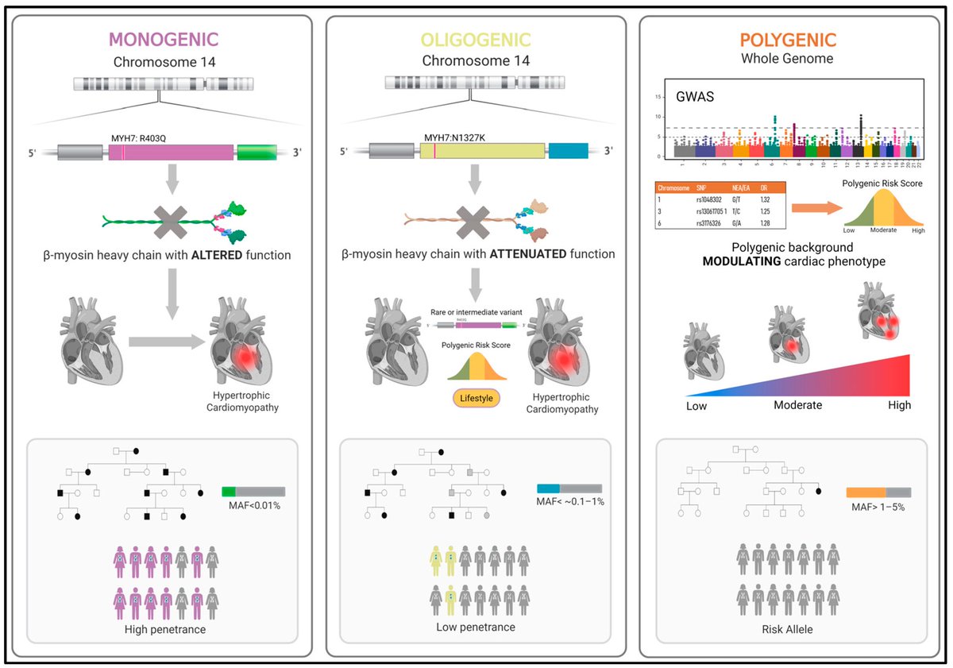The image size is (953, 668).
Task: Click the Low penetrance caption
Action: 476,627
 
